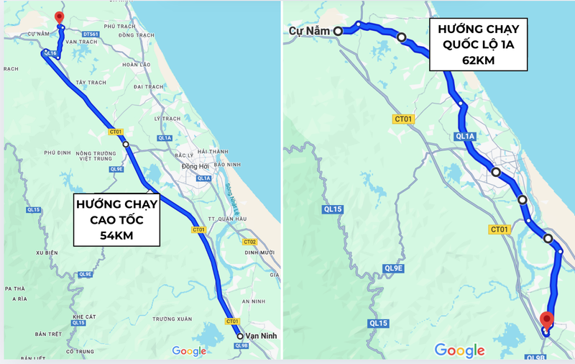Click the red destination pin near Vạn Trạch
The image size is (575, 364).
click(x=59, y=17)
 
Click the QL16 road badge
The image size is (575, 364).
click(x=50, y=53)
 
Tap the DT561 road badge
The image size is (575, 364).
click(x=91, y=34)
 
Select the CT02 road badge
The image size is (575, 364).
click(x=249, y=242)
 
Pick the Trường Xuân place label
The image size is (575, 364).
click(x=172, y=319)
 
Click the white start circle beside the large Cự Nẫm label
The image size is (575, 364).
click(x=337, y=31)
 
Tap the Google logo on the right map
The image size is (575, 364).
click(x=459, y=350)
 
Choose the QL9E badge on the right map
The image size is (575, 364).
click(x=394, y=268)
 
